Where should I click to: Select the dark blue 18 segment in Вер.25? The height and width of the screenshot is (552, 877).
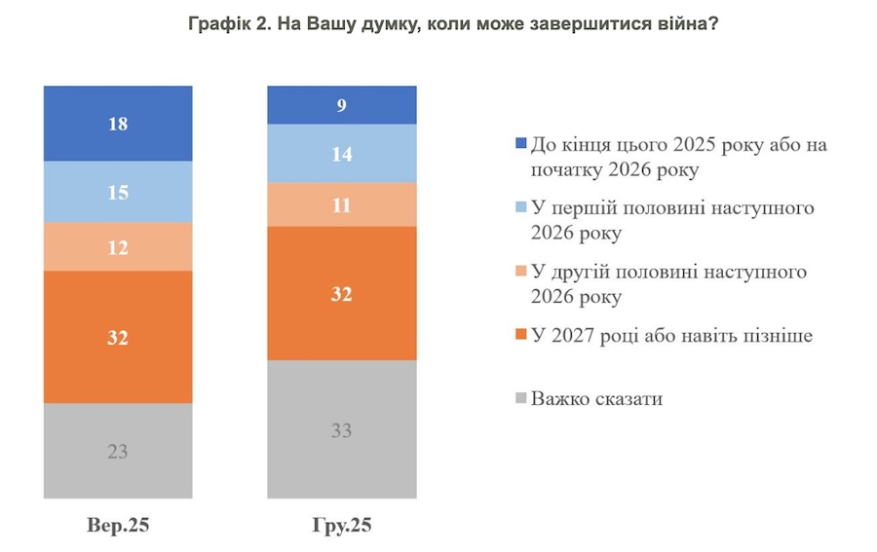pos(118,123)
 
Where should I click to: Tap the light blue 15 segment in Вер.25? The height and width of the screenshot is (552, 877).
pos(118,192)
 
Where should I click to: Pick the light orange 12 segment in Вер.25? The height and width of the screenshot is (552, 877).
pos(118,247)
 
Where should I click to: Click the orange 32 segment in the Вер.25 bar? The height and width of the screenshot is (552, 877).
pos(118,337)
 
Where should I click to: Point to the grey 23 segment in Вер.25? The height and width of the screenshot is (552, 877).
pos(118,451)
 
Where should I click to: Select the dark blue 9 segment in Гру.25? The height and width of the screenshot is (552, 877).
pos(342,105)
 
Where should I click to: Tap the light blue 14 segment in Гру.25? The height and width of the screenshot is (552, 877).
pos(342,153)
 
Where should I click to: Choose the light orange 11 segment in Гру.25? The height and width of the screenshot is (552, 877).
pos(342,204)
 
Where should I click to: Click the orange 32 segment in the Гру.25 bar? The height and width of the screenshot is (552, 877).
pos(342,293)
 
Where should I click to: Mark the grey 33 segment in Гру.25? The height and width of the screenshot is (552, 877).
pos(342,429)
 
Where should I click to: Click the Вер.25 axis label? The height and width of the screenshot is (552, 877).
pos(118,526)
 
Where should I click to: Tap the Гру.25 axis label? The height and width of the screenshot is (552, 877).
pos(342,526)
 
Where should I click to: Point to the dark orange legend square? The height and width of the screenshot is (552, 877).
pos(521,336)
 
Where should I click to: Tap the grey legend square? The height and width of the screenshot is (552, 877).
pos(521,398)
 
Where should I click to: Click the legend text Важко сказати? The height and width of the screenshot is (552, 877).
pos(596,398)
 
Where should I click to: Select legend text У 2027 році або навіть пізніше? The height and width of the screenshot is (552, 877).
pos(671,336)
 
